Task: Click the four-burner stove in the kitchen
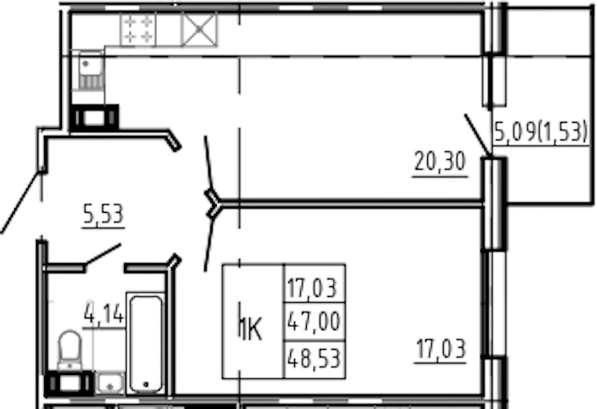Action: click(x=138, y=30)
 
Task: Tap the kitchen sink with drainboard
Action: click(x=91, y=71)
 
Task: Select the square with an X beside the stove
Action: click(x=200, y=30)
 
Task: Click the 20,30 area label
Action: click(x=440, y=161)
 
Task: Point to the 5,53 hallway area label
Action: click(x=103, y=214)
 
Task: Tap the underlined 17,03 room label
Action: click(x=441, y=349)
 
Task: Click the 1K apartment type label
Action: click(x=251, y=330)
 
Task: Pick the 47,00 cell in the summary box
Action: click(x=314, y=322)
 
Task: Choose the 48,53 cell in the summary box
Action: click(x=314, y=359)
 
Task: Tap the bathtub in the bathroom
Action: click(x=146, y=343)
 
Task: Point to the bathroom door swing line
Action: click(x=103, y=254)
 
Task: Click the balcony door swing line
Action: click(x=477, y=135)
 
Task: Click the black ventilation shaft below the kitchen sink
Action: click(x=95, y=118)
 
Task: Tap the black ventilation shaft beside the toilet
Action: click(x=69, y=384)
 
